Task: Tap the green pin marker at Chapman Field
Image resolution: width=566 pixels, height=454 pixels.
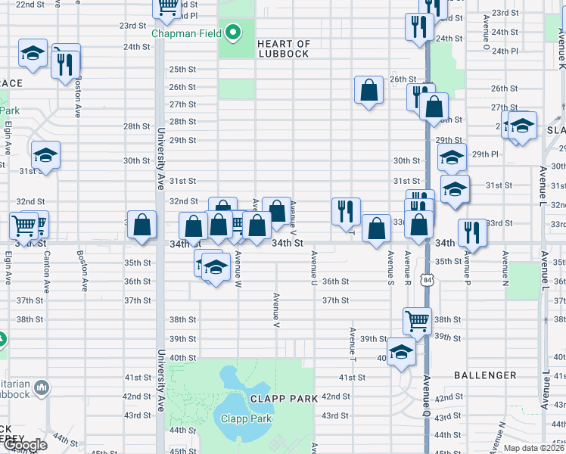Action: point(234,33)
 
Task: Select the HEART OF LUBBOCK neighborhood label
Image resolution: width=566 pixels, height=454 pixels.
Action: point(284,48)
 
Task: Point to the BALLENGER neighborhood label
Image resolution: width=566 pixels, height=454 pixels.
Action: point(485,375)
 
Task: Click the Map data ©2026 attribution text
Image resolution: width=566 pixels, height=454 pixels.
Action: point(534,448)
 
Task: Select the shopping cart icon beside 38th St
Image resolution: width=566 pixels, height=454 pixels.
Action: point(417,319)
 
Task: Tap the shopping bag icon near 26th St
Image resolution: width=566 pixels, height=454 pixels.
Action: point(369,90)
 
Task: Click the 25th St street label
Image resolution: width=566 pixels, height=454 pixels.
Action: point(182,69)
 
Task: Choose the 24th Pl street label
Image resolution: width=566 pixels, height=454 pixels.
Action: point(504,51)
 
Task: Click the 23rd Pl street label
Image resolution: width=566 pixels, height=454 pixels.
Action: point(184,15)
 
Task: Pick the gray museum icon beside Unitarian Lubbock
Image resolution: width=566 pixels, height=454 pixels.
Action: point(42,388)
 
